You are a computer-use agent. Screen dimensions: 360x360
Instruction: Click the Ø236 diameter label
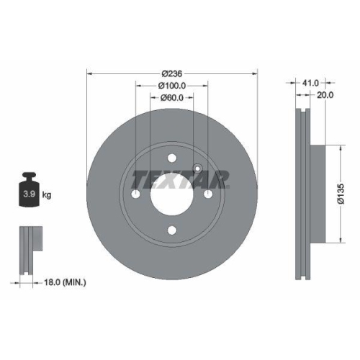point(171,74)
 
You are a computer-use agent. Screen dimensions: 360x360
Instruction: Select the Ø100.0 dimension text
point(172,86)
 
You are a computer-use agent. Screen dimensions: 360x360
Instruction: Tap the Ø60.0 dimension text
point(172,98)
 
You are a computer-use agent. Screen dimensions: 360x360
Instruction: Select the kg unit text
point(47,195)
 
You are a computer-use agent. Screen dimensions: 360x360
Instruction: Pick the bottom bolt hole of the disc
point(172,230)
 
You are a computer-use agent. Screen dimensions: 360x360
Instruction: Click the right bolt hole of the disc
point(207,195)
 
